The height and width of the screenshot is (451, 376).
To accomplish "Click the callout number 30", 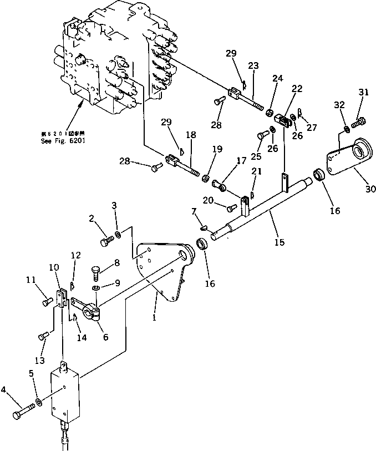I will tap(370, 189).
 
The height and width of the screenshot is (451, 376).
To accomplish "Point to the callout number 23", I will tap(253, 65).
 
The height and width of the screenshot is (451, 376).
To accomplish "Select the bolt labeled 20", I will tap(232, 208).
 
